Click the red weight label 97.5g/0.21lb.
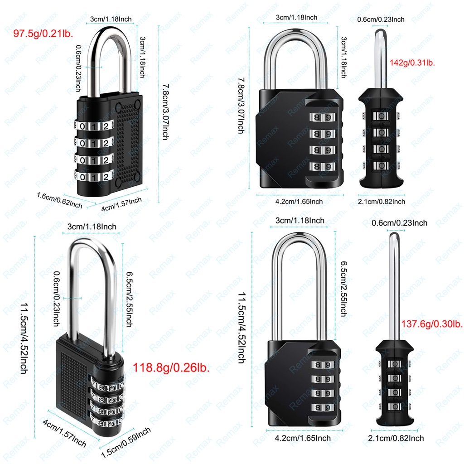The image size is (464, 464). pyautogui.click(x=44, y=34)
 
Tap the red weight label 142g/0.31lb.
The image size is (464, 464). pyautogui.click(x=412, y=63)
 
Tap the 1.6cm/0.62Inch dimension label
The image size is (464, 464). pyautogui.click(x=59, y=199)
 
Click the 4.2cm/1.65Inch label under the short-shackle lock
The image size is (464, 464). pyautogui.click(x=299, y=201)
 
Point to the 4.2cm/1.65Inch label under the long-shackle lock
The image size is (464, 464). pyautogui.click(x=303, y=438)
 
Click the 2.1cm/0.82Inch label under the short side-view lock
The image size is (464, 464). pyautogui.click(x=382, y=201)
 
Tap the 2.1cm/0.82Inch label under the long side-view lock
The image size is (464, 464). pyautogui.click(x=396, y=438)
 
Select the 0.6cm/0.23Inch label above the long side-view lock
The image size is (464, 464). pyautogui.click(x=399, y=222)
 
